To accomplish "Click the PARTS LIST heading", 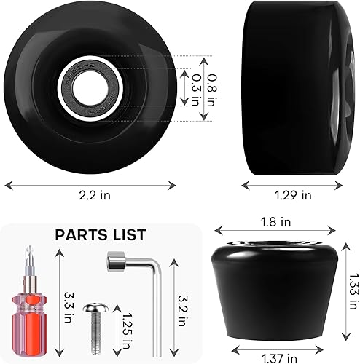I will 101,234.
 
